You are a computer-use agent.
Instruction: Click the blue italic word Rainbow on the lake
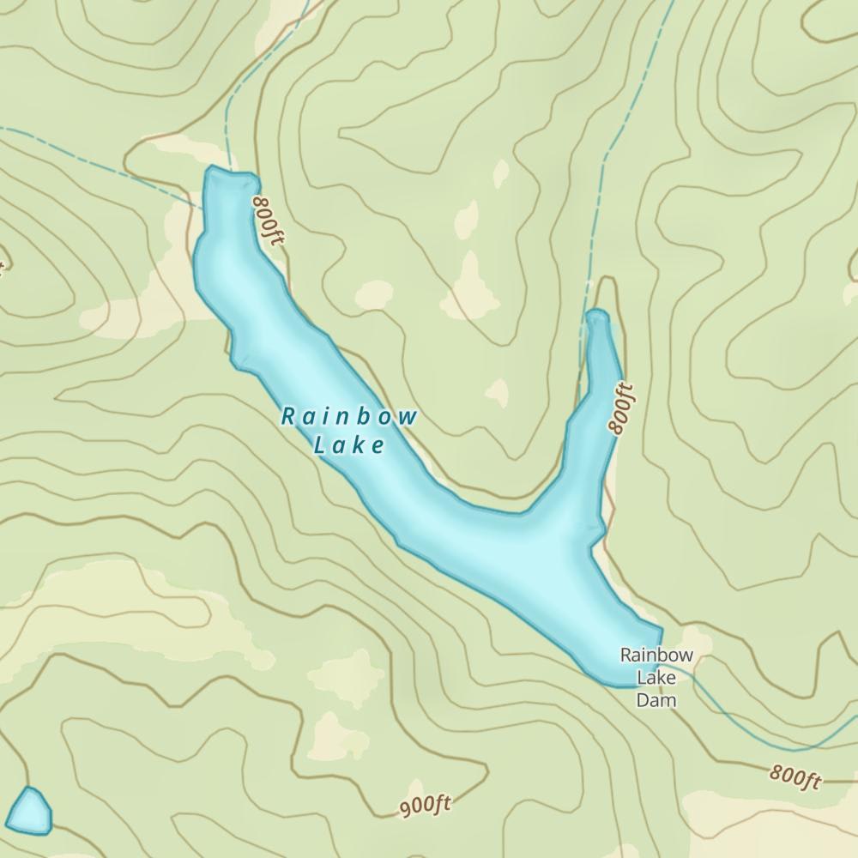349,418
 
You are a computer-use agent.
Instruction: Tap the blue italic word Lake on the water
349,445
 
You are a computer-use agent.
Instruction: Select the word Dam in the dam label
656,700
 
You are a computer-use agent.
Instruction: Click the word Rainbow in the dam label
656,656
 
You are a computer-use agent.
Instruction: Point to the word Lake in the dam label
656,678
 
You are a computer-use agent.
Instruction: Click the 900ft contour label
425,806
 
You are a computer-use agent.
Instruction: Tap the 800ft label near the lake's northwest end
267,220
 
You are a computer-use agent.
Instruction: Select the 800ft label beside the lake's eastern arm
620,409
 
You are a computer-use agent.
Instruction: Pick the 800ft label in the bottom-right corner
795,776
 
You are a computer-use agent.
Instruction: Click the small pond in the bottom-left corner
29,812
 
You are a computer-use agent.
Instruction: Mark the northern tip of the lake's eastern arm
597,315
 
